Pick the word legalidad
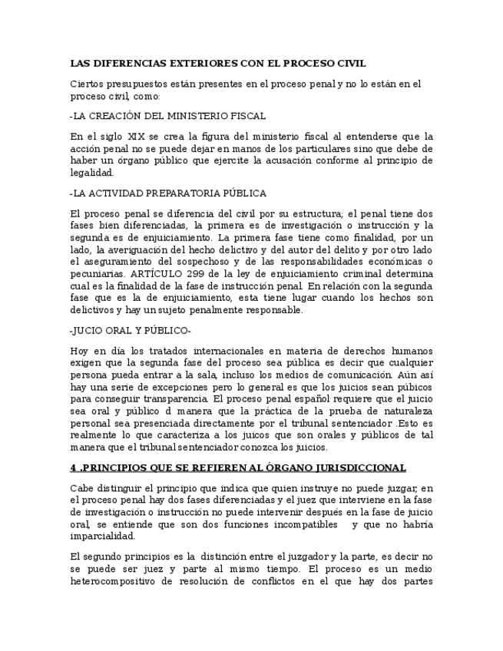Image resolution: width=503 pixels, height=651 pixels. (91, 173)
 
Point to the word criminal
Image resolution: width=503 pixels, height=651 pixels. (334, 274)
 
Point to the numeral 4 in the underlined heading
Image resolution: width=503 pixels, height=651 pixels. (73, 468)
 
